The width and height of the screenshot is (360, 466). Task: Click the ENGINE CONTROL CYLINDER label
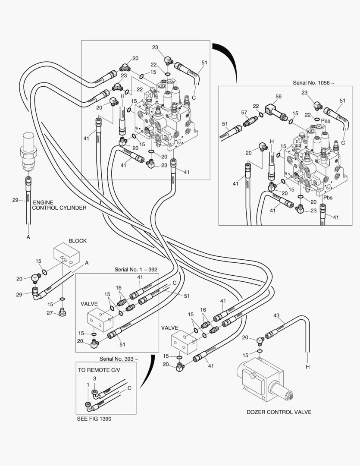click(x=59, y=205)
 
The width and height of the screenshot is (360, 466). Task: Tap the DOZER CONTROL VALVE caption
click(x=279, y=412)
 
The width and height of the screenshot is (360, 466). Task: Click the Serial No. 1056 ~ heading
click(x=313, y=82)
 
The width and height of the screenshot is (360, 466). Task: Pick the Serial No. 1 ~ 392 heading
click(x=136, y=269)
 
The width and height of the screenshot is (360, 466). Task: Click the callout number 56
click(x=279, y=97)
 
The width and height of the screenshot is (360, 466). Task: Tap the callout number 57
click(x=244, y=113)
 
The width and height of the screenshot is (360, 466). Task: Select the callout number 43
click(x=276, y=315)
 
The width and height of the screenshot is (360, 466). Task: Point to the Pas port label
click(x=326, y=121)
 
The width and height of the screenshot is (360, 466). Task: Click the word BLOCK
click(x=78, y=241)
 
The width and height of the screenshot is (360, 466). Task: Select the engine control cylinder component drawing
click(x=28, y=153)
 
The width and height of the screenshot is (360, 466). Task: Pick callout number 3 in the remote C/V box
click(x=94, y=378)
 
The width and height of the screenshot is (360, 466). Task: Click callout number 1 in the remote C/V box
click(x=88, y=384)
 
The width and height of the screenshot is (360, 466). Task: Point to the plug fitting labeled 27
click(x=62, y=312)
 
